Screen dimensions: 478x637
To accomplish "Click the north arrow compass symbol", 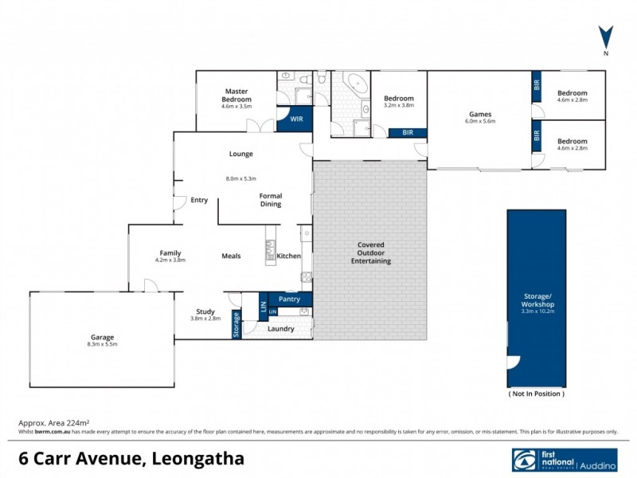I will coord(606,37).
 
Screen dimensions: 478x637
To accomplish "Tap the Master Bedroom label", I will coord(236,96).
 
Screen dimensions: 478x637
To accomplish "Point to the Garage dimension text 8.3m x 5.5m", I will coord(101,345).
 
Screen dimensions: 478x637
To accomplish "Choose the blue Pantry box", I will coord(288,299).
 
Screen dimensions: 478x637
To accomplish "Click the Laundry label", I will coord(281,329).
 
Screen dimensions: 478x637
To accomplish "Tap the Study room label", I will coord(205,311).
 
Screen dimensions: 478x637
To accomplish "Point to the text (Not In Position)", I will coord(536,394).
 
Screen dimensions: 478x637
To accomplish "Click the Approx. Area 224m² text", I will coord(53,423).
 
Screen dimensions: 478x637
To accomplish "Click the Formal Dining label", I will coord(271,200).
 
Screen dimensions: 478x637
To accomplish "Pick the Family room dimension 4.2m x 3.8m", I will coord(170,261).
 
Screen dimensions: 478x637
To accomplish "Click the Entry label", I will coord(199,200).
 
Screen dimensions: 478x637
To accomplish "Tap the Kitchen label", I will coord(288,256).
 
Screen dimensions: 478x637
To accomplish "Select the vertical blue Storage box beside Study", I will coord(236,325).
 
